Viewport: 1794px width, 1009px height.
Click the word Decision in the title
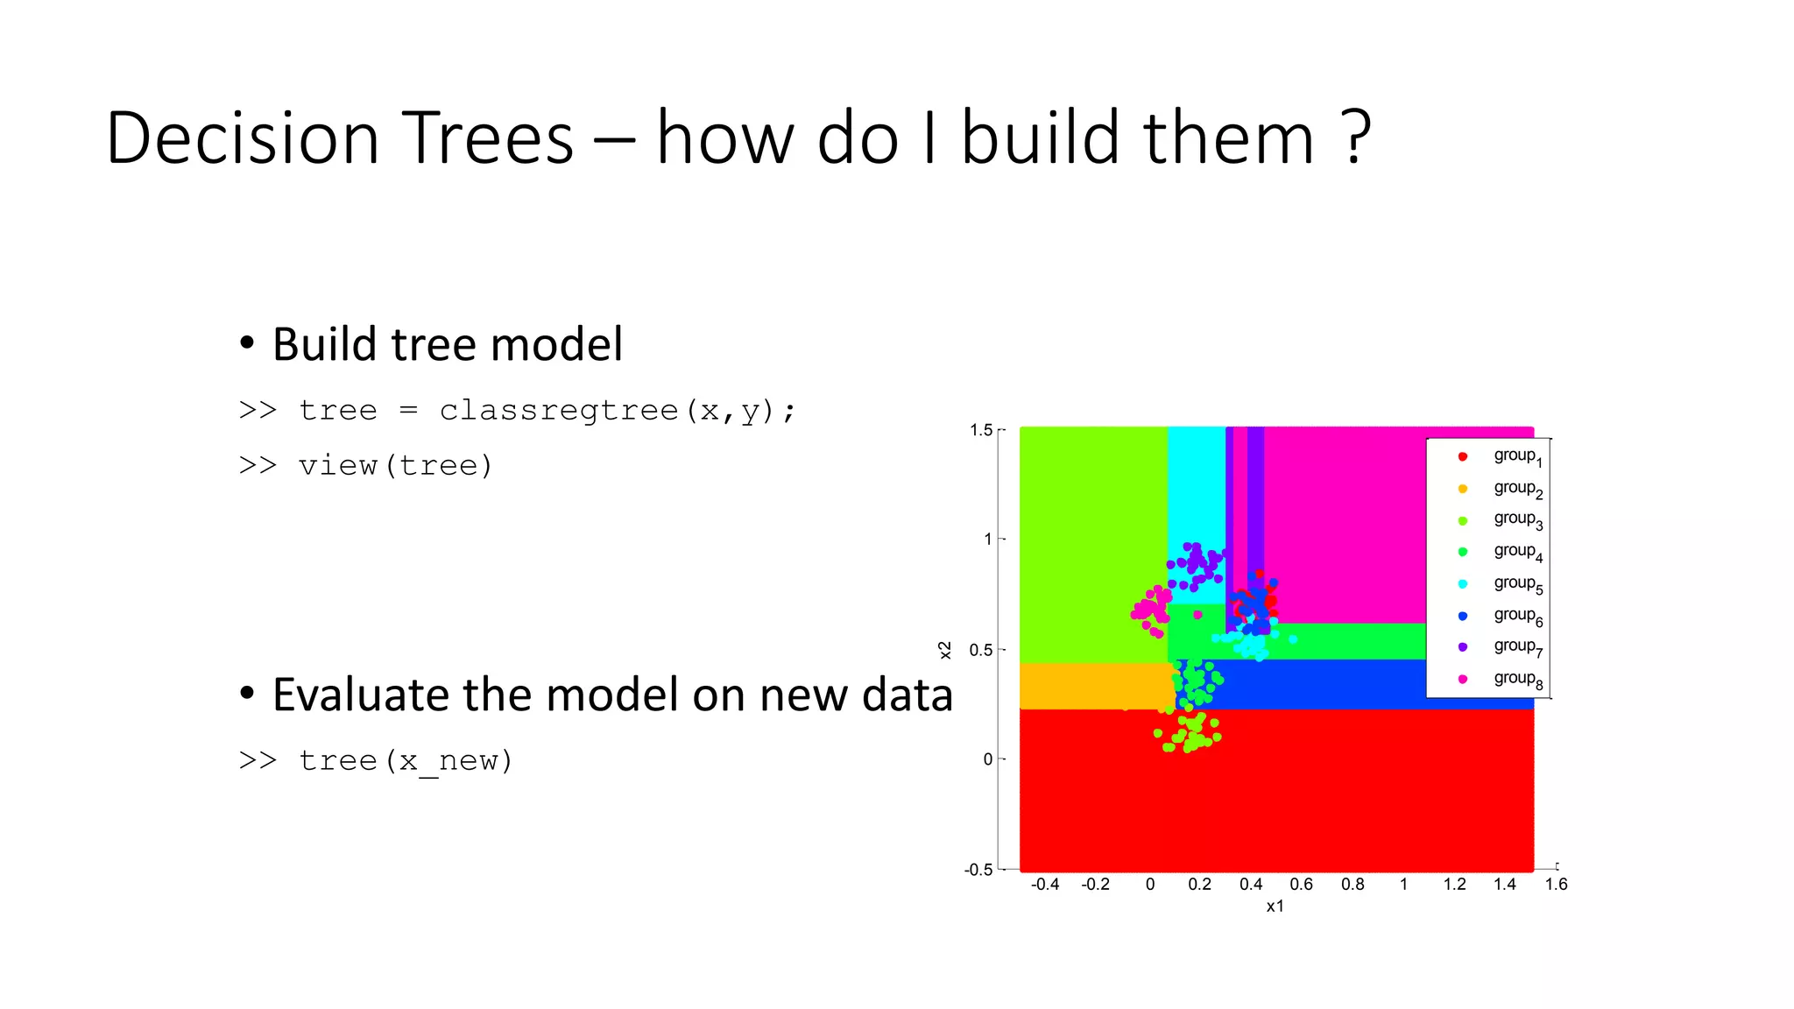click(243, 138)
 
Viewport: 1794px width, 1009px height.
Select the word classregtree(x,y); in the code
click(618, 410)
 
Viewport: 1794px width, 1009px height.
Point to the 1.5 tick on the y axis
click(981, 430)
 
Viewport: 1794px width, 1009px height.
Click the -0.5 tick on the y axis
click(978, 869)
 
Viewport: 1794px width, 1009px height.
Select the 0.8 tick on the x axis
click(1353, 885)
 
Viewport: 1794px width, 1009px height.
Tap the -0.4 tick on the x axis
click(1045, 885)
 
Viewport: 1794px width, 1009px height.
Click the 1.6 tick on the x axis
click(1556, 885)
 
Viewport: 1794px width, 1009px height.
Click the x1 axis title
click(1275, 907)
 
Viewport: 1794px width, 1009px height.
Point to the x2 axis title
click(944, 650)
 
